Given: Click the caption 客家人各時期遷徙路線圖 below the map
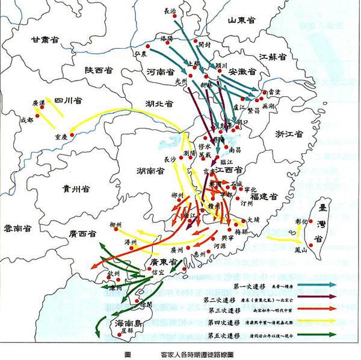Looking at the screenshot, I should (199, 355).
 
